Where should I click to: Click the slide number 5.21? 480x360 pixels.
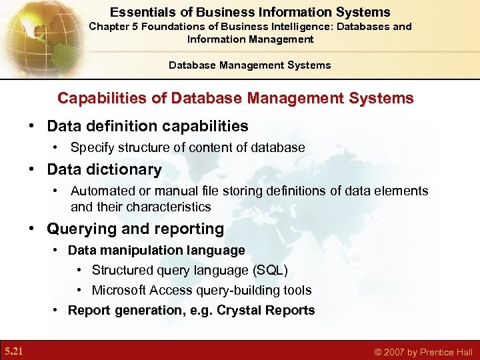(13, 351)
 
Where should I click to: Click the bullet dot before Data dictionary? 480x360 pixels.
(32, 170)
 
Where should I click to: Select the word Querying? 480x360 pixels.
(77, 229)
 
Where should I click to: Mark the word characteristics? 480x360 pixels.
(163, 207)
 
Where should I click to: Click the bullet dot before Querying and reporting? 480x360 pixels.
(32, 229)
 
